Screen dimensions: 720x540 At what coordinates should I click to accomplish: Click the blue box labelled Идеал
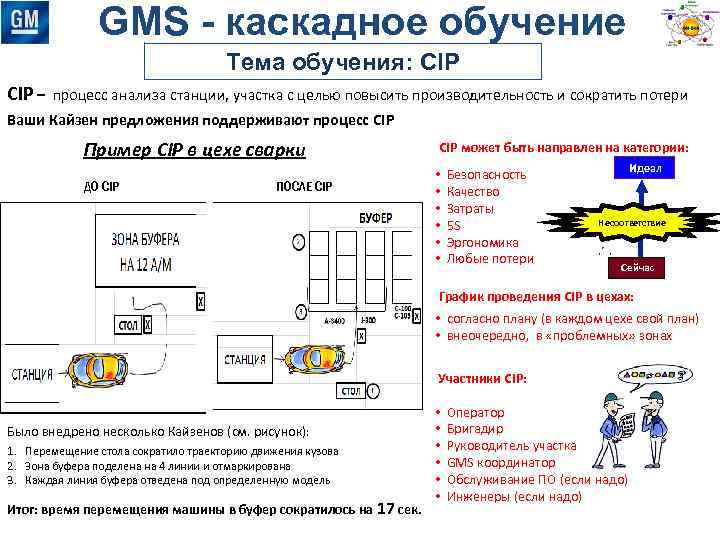(x=645, y=169)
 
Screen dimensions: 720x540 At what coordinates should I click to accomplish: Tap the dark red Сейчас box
(x=637, y=268)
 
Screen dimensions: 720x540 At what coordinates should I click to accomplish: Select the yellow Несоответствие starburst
(x=630, y=221)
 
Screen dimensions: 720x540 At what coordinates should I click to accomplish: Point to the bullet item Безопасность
(x=486, y=174)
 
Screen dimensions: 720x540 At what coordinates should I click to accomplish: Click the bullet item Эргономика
(x=483, y=242)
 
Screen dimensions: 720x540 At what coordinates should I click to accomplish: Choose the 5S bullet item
(x=455, y=225)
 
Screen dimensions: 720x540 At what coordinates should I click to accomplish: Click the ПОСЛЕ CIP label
(x=304, y=187)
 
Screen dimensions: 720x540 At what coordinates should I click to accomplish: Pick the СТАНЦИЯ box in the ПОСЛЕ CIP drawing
(x=244, y=359)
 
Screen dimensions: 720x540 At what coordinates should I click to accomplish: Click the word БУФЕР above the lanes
(x=375, y=217)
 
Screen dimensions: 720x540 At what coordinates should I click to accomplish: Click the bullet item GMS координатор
(x=501, y=463)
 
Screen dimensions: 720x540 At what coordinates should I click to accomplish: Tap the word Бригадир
(x=477, y=429)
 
